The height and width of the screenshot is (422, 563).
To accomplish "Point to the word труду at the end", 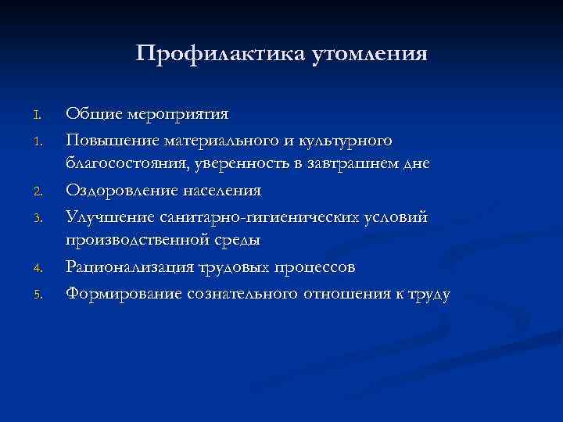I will (x=426, y=294).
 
